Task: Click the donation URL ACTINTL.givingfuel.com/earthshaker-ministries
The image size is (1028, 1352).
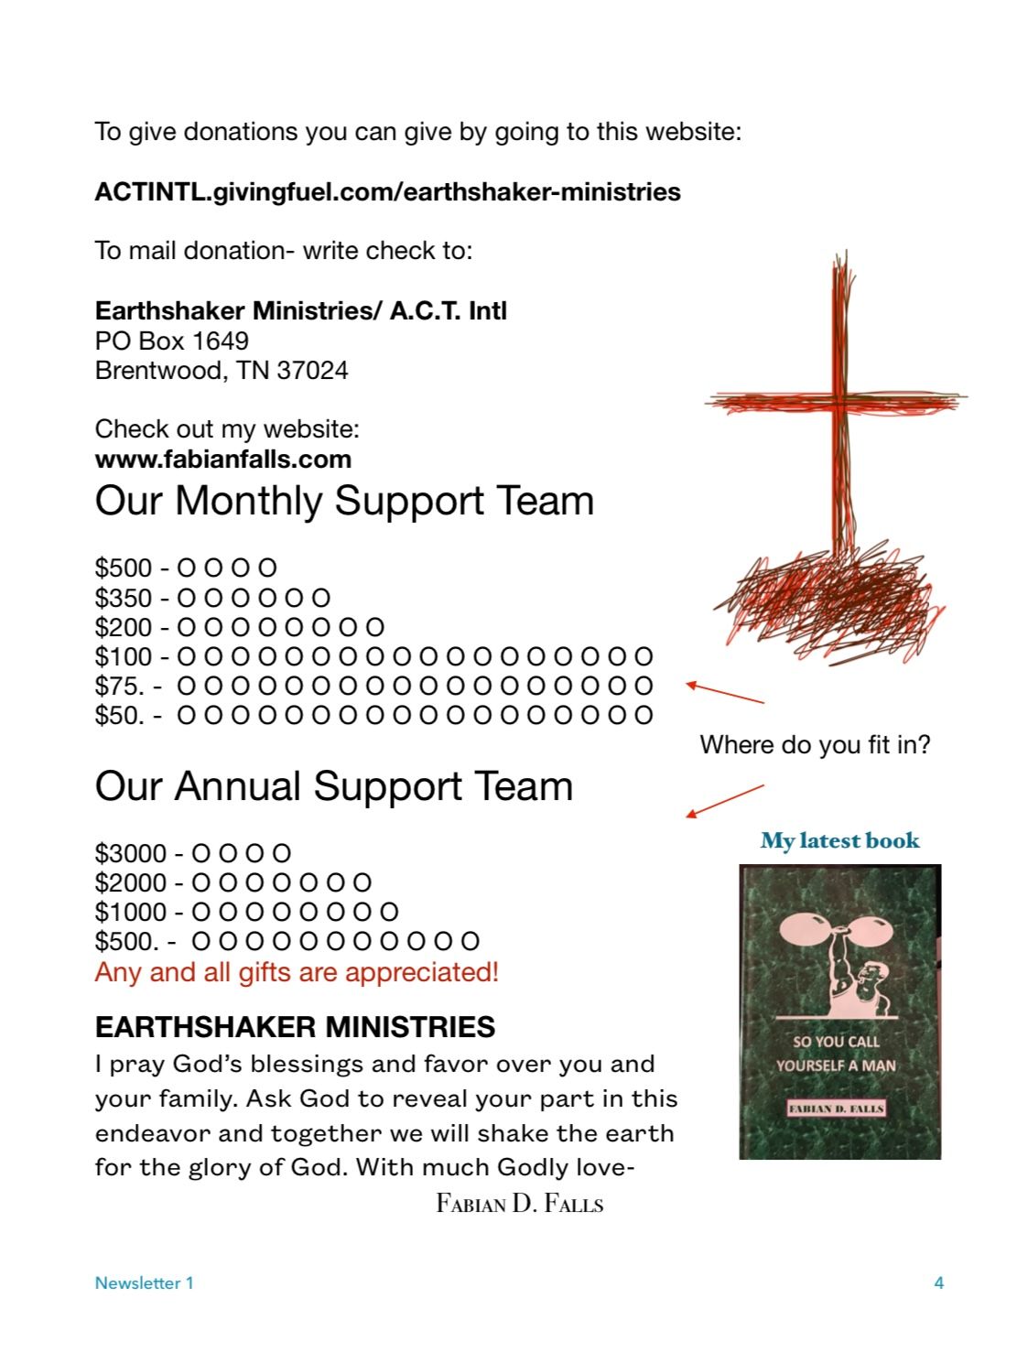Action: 387,192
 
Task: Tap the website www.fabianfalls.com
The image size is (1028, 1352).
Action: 222,460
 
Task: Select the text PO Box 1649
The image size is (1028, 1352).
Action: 171,341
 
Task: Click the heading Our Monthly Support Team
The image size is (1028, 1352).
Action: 344,502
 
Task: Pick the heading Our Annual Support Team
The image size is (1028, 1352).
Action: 333,787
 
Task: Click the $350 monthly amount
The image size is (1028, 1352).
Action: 124,599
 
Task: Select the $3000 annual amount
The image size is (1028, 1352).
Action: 131,854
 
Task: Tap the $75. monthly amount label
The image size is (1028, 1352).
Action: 120,687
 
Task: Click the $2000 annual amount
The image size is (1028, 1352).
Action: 131,883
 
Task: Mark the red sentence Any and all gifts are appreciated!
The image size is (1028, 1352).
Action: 297,972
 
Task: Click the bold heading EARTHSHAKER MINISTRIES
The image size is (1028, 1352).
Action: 295,1028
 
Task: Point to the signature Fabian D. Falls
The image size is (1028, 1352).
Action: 519,1203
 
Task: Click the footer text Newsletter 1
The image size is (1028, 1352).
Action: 144,1283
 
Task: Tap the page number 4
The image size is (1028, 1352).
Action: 938,1283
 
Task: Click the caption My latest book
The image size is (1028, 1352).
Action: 839,841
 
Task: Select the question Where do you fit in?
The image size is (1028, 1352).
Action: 815,745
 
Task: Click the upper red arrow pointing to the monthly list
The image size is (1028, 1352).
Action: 725,693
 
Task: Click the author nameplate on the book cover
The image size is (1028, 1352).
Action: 837,1109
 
